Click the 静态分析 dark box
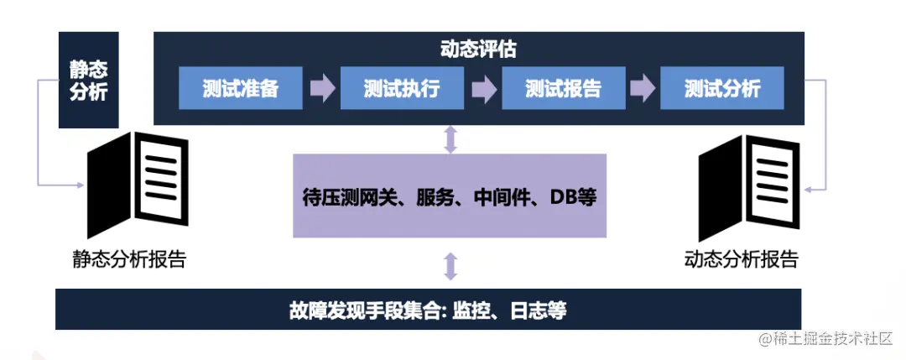[88, 80]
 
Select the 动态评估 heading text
[478, 50]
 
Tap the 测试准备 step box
[240, 88]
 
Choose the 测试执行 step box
[402, 88]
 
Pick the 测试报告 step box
[564, 88]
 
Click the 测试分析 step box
[722, 88]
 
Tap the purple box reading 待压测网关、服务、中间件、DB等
[450, 196]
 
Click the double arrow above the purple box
[450, 139]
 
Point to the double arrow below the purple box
[450, 265]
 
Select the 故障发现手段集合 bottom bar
[428, 310]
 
